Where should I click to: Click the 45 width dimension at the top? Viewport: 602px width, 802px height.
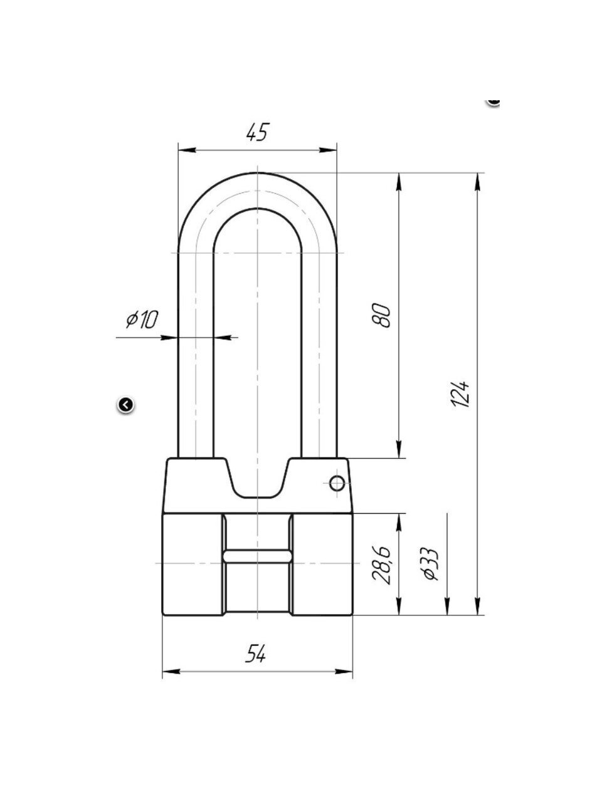click(x=258, y=132)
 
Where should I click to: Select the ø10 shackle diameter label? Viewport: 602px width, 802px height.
click(x=142, y=320)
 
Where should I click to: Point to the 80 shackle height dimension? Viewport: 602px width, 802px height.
click(x=381, y=315)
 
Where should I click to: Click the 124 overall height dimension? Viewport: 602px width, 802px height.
click(x=460, y=395)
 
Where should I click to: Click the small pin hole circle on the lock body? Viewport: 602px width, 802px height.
click(x=337, y=483)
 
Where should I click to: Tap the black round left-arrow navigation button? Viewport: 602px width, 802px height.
click(x=126, y=405)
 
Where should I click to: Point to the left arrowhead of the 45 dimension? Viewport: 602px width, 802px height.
click(x=187, y=150)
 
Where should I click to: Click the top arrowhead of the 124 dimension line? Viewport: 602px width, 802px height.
click(x=477, y=181)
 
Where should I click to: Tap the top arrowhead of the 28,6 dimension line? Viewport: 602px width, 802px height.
click(x=399, y=523)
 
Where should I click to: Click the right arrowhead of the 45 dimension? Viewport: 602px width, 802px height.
click(x=328, y=150)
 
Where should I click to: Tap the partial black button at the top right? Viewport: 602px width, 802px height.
click(x=494, y=102)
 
